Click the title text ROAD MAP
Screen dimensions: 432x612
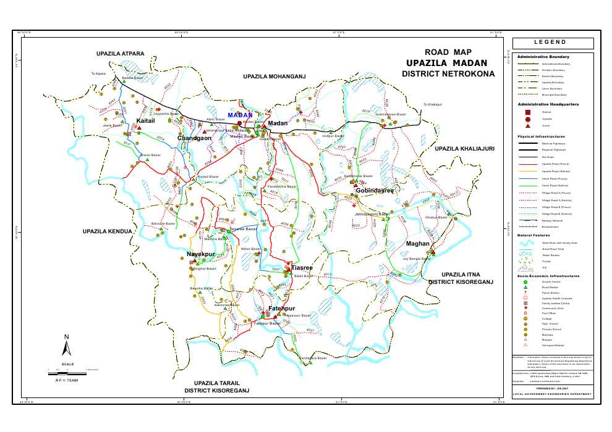[448, 52]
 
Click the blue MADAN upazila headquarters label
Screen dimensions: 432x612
[240, 115]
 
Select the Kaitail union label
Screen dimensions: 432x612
[145, 122]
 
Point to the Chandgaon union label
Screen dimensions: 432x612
[195, 138]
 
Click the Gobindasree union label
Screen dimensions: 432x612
[375, 191]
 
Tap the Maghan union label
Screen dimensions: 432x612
[418, 244]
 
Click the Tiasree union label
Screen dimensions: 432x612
[303, 268]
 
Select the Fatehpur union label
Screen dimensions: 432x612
[282, 308]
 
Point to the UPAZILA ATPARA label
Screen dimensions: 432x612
[121, 54]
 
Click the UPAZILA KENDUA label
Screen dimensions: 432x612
[108, 231]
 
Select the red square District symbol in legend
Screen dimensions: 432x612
[527, 112]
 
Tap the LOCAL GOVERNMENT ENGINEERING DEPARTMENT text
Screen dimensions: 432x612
[552, 394]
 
